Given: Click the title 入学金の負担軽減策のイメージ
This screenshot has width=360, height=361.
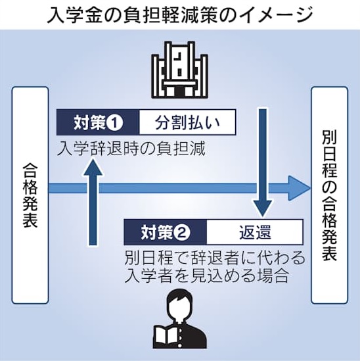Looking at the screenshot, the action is pos(179,15).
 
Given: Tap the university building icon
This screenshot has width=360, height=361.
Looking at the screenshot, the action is pos(179,70).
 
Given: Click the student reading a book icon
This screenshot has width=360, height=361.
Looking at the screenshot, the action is pos(179,319).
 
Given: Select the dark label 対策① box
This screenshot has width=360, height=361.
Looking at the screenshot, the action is pos(98,122).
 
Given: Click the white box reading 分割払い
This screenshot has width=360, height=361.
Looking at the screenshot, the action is pos(187,122).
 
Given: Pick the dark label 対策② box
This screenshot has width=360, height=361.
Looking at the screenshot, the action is pos(165,232).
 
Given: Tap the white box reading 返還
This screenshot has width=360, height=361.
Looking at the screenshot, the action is pos(255,232).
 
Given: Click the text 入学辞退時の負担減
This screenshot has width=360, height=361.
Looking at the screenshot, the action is pos(131,149).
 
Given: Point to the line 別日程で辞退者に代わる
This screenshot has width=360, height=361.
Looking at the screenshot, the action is pos(215,258).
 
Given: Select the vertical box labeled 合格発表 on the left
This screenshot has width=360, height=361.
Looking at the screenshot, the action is pos(30,195).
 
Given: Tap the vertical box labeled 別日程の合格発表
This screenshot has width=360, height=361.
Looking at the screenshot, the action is pos(329,195).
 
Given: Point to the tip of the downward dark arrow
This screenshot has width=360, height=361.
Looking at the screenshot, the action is pos(263,216).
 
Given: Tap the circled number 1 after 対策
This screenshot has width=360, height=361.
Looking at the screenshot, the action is pos(114,122).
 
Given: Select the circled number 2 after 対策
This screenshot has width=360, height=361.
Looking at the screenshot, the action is pos(182,232).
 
